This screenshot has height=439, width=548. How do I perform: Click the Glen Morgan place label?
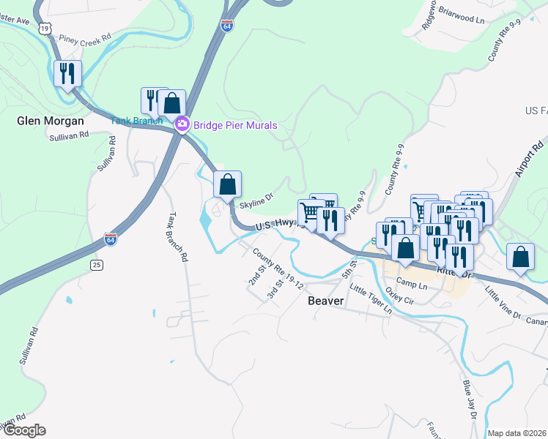coord(50,121)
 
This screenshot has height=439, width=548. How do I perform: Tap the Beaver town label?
coord(326,301)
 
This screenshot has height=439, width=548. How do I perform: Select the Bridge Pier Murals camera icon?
coord(182,125)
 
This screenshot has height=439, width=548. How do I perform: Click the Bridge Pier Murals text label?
coord(235,125)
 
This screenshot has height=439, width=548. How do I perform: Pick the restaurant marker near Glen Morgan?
coord(67,74)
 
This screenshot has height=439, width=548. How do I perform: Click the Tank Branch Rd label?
coord(177,237)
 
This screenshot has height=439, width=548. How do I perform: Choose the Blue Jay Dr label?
coord(469,399)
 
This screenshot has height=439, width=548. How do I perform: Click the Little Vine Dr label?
coord(502,302)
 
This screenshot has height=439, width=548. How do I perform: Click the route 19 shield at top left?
coord(45,28)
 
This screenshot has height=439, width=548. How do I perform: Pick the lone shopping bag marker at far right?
coord(520,257)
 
